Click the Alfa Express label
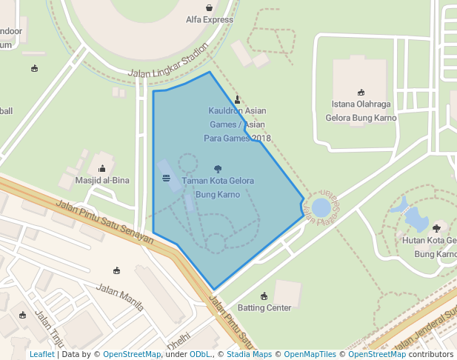[x=209, y=20]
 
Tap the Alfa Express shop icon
[x=209, y=8]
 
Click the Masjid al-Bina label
[x=102, y=180]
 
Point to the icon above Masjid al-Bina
[x=102, y=169]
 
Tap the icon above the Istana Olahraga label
[x=361, y=93]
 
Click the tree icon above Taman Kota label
[x=217, y=169]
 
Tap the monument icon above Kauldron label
[x=237, y=99]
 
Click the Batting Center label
[x=264, y=307]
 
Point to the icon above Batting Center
[x=264, y=296]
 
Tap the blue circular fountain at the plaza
[x=321, y=207]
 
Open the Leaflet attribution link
[x=41, y=355]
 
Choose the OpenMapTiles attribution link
[x=310, y=355]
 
